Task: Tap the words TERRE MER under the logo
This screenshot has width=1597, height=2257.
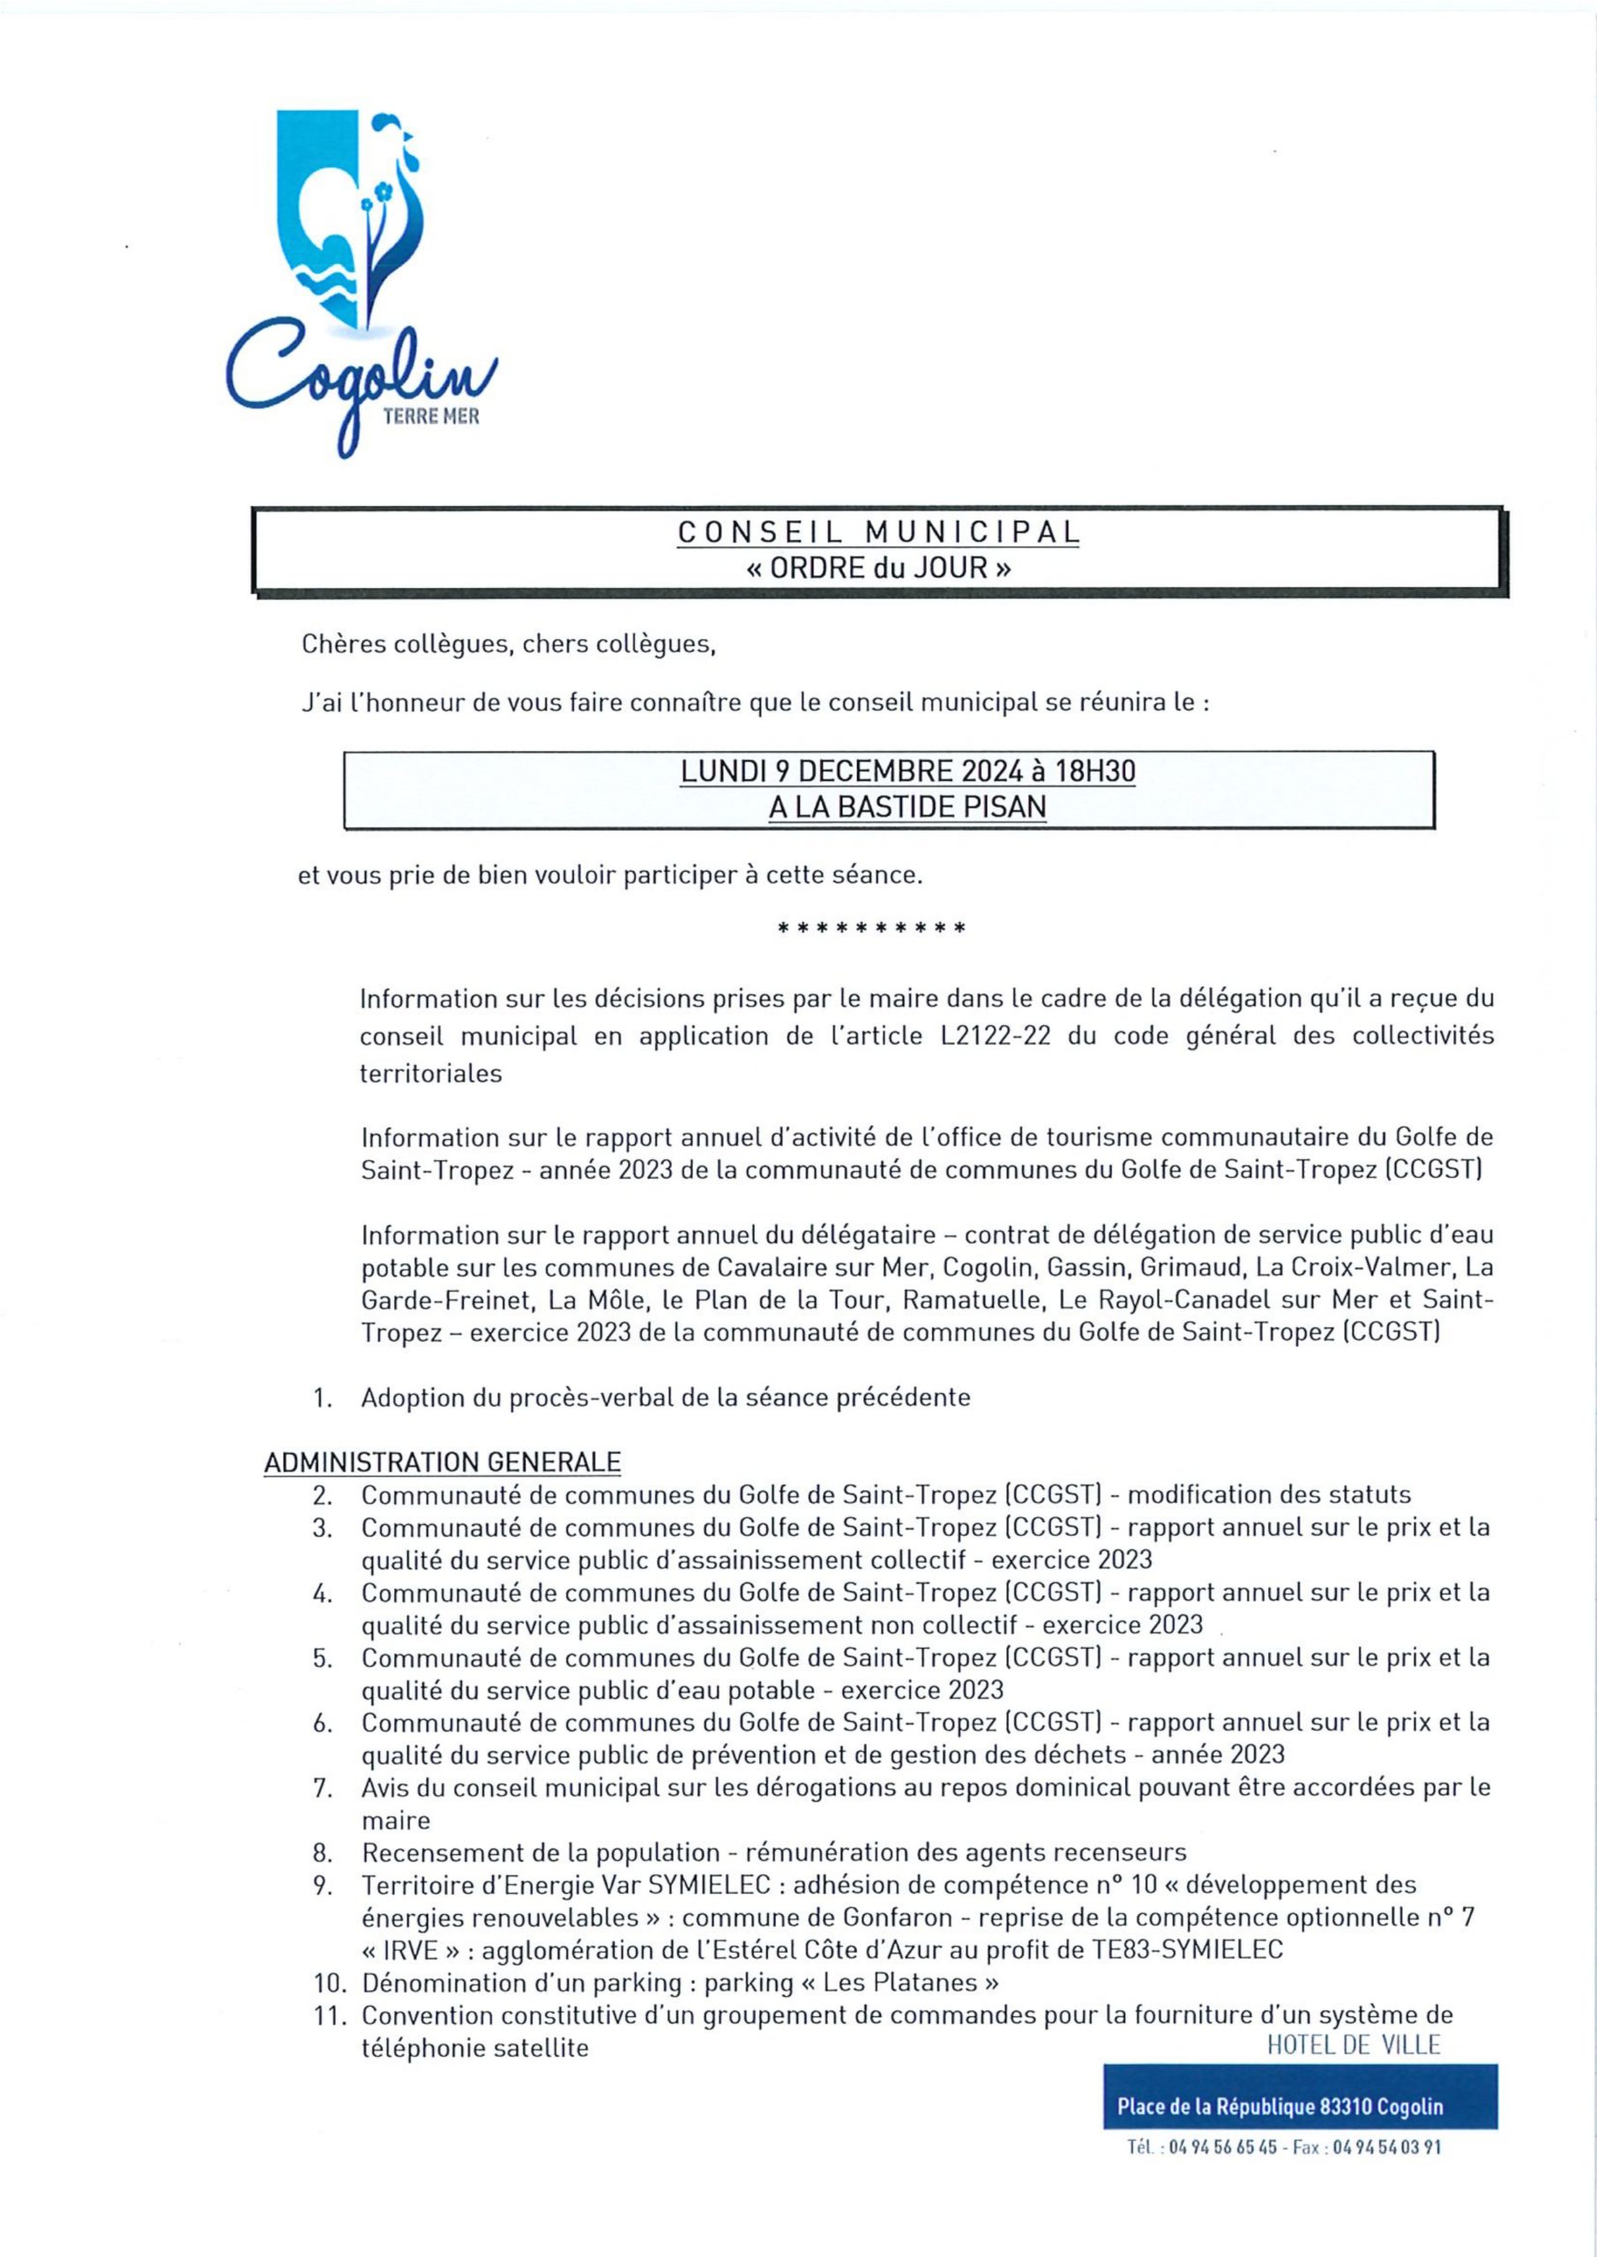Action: pos(430,417)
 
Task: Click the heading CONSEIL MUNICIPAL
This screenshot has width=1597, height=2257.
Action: pos(878,532)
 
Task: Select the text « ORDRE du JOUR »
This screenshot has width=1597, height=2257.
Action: pos(878,568)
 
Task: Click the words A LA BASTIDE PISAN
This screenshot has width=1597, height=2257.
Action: pos(907,807)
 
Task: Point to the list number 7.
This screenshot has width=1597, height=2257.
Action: pos(323,1787)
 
